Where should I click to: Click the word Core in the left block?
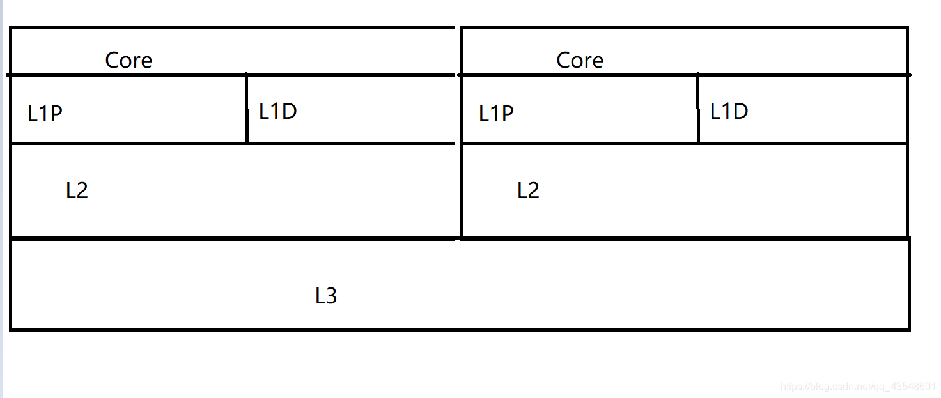coord(128,60)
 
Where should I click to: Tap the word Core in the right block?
coord(580,60)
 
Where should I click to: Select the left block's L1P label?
coord(45,114)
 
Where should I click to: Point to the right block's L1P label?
coord(496,114)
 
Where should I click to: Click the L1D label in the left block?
coord(278,111)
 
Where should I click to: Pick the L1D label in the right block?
coord(729,111)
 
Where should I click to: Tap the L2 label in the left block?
coord(77,190)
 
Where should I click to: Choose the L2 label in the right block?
coord(528,190)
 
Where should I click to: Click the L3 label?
coord(326,296)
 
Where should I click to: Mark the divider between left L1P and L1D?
coord(247,109)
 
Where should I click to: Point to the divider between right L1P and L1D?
coord(698,109)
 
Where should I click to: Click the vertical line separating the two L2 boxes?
coord(462,192)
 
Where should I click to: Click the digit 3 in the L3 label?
coord(331,296)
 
